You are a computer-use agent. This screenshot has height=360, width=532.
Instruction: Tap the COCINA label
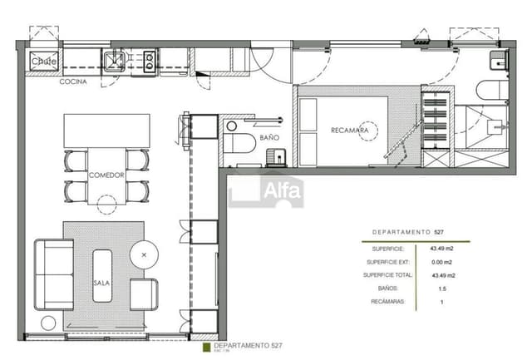pos(74,82)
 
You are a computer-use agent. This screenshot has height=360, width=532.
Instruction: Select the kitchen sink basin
pos(115,61)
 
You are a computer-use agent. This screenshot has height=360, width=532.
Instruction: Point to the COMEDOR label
pos(107,175)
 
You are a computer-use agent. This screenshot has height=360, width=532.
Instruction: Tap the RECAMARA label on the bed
pos(349,130)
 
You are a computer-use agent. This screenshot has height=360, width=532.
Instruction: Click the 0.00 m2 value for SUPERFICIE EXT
pos(441,261)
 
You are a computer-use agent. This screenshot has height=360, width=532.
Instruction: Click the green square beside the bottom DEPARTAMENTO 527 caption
pos(207,346)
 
